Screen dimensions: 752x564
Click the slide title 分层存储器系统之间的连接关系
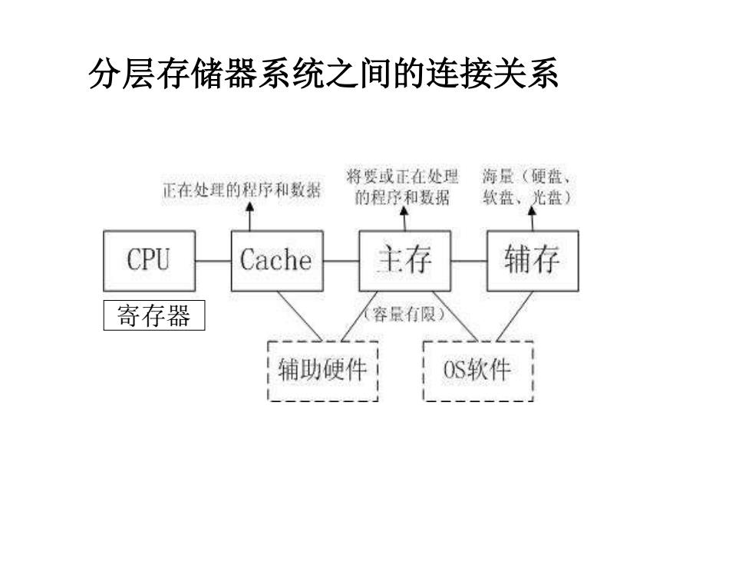pos(324,74)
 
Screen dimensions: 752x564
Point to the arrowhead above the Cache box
pos(249,206)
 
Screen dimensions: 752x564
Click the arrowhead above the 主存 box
pos(404,212)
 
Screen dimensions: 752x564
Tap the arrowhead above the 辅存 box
pos(532,211)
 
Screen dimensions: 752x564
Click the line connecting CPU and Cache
pos(213,262)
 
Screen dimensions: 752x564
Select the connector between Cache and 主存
pos(341,262)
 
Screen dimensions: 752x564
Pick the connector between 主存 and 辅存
pos(469,262)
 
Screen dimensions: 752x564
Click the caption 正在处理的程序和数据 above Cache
pos(242,190)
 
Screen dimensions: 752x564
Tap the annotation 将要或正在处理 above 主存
pos(402,176)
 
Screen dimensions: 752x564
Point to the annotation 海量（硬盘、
pos(526,176)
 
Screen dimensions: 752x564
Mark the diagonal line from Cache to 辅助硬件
pos(300,316)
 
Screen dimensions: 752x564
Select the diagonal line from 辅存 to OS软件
pos(515,316)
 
